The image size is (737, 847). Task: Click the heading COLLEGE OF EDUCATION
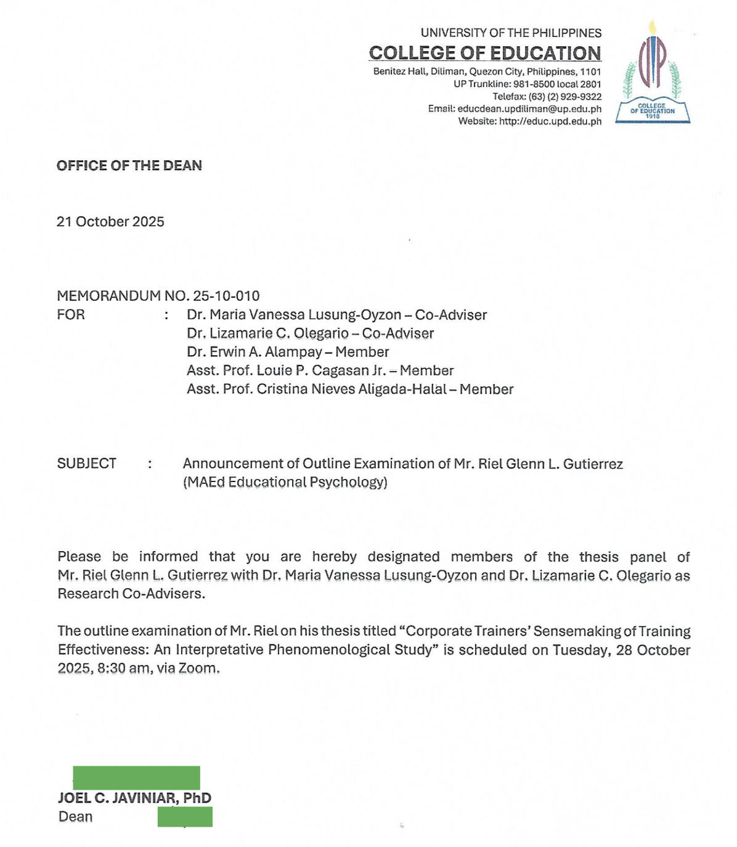pos(485,54)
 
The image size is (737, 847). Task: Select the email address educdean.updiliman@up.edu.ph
pos(529,109)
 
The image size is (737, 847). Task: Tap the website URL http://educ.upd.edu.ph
pos(550,121)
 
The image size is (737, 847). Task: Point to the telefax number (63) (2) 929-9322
pos(565,97)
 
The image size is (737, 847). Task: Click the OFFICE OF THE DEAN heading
pos(129,165)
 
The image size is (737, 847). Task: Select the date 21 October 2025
pos(110,222)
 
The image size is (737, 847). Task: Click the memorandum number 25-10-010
pos(226,296)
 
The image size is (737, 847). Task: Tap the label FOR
pos(71,314)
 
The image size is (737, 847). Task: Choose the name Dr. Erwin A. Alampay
pos(254,352)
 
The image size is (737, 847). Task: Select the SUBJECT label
pos(87,464)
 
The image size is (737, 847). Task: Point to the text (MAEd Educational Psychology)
pos(285,482)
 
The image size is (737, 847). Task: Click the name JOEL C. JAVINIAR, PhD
pos(134,798)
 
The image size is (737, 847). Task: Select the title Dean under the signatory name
pos(76,817)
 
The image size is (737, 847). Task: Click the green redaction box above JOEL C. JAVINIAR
pos(136,777)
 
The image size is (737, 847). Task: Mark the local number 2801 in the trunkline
pos(590,84)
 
